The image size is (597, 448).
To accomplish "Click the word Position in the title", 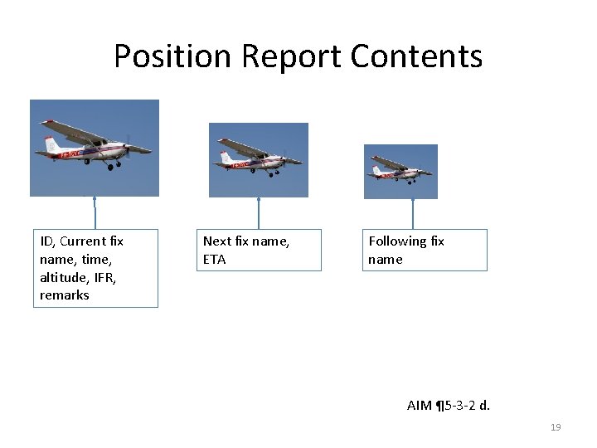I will pos(172,56).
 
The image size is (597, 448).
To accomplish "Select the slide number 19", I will pos(556,427).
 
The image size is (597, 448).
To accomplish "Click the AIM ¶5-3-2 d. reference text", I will pos(448,406).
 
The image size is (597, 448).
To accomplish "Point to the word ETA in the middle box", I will pos(214,259).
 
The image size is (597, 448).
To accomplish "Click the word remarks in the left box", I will pos(64,295).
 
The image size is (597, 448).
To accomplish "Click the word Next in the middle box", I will pos(217,241).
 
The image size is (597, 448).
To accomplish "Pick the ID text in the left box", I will pos(47,241).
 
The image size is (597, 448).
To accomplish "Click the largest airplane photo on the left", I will pos(94,148).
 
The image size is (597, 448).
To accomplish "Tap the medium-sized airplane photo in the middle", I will pos(258,160).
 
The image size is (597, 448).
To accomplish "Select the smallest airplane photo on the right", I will pos(400,172).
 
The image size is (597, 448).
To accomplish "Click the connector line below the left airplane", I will pos(95,213).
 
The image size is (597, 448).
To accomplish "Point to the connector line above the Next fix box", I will pos(259,213).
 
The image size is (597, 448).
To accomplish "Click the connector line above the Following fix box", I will pos(413,214).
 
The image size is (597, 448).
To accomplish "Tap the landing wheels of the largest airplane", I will pos(109,167).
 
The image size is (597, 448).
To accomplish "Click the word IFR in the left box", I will pos(104,277).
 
